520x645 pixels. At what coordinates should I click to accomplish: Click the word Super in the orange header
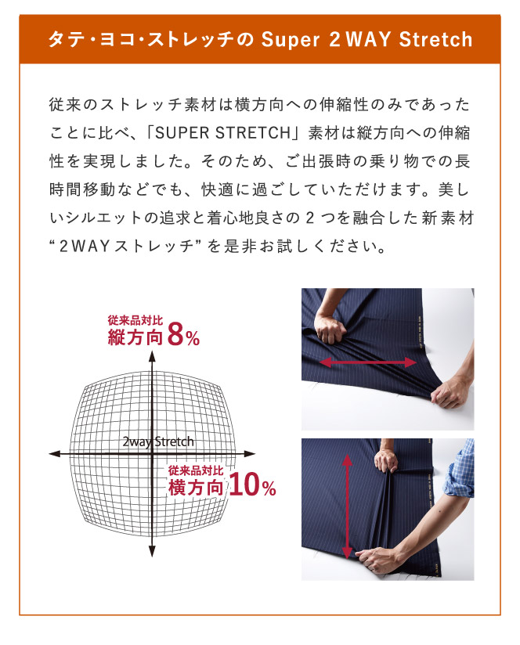pyautogui.click(x=290, y=39)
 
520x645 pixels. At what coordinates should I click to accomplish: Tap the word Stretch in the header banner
pyautogui.click(x=435, y=39)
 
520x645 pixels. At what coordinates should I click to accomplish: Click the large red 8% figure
pyautogui.click(x=183, y=335)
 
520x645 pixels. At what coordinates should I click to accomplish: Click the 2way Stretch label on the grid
pyautogui.click(x=158, y=441)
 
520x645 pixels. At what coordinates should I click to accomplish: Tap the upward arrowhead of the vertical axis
pyautogui.click(x=152, y=356)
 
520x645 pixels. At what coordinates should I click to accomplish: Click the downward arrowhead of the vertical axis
pyautogui.click(x=152, y=551)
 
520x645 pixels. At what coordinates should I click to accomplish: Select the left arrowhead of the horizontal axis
pyautogui.click(x=55, y=454)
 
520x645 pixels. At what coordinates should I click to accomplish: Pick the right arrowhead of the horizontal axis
pyautogui.click(x=250, y=454)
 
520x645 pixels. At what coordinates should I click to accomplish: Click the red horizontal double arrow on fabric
pyautogui.click(x=368, y=362)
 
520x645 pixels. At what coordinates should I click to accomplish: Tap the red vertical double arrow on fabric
pyautogui.click(x=347, y=506)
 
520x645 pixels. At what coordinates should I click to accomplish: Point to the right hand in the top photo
pyautogui.click(x=450, y=393)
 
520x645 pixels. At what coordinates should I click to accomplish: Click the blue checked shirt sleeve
pyautogui.click(x=460, y=469)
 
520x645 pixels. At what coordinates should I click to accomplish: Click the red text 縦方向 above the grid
pyautogui.click(x=135, y=337)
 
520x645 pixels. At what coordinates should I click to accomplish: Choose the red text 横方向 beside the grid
pyautogui.click(x=196, y=487)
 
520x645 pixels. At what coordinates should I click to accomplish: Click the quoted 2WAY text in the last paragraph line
pyautogui.click(x=85, y=246)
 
